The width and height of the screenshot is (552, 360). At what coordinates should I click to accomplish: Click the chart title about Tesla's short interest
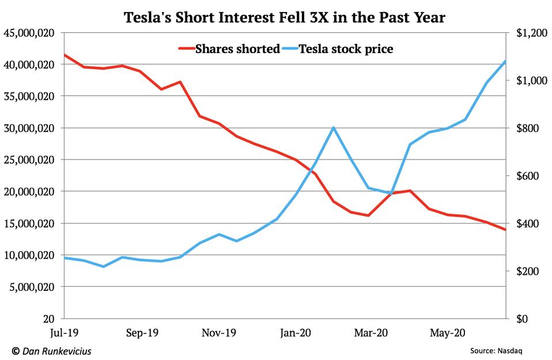point(285,17)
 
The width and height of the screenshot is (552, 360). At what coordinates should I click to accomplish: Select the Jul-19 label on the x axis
point(63,332)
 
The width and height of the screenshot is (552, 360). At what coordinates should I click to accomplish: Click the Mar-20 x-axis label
point(370,332)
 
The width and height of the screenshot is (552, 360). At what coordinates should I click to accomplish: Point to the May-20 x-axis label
point(448,332)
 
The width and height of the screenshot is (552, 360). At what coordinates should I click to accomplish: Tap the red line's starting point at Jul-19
point(64,55)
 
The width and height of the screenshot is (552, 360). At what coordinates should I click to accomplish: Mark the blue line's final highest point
point(505,61)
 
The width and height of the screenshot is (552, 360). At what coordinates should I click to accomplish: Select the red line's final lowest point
point(505,230)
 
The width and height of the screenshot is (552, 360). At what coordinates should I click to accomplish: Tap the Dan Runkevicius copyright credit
point(52,350)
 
